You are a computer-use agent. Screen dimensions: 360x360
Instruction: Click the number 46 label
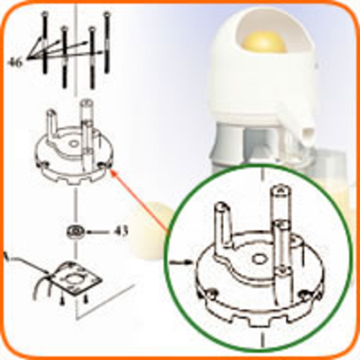click(16, 63)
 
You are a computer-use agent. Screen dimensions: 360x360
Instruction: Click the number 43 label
click(120, 231)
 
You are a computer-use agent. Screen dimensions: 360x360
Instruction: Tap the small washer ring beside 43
click(75, 232)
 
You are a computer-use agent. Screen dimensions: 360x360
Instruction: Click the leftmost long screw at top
click(45, 42)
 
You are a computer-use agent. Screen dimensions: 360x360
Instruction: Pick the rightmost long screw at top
click(107, 42)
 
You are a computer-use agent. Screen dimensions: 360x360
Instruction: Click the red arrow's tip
click(112, 171)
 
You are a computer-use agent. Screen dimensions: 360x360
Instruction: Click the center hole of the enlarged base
click(258, 258)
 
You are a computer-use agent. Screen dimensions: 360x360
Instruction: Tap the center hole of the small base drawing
click(74, 144)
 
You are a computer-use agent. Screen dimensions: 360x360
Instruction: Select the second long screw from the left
click(64, 57)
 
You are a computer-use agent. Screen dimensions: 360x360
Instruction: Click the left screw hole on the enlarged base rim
click(212, 293)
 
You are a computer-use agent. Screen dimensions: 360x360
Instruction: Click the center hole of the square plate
click(75, 279)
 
